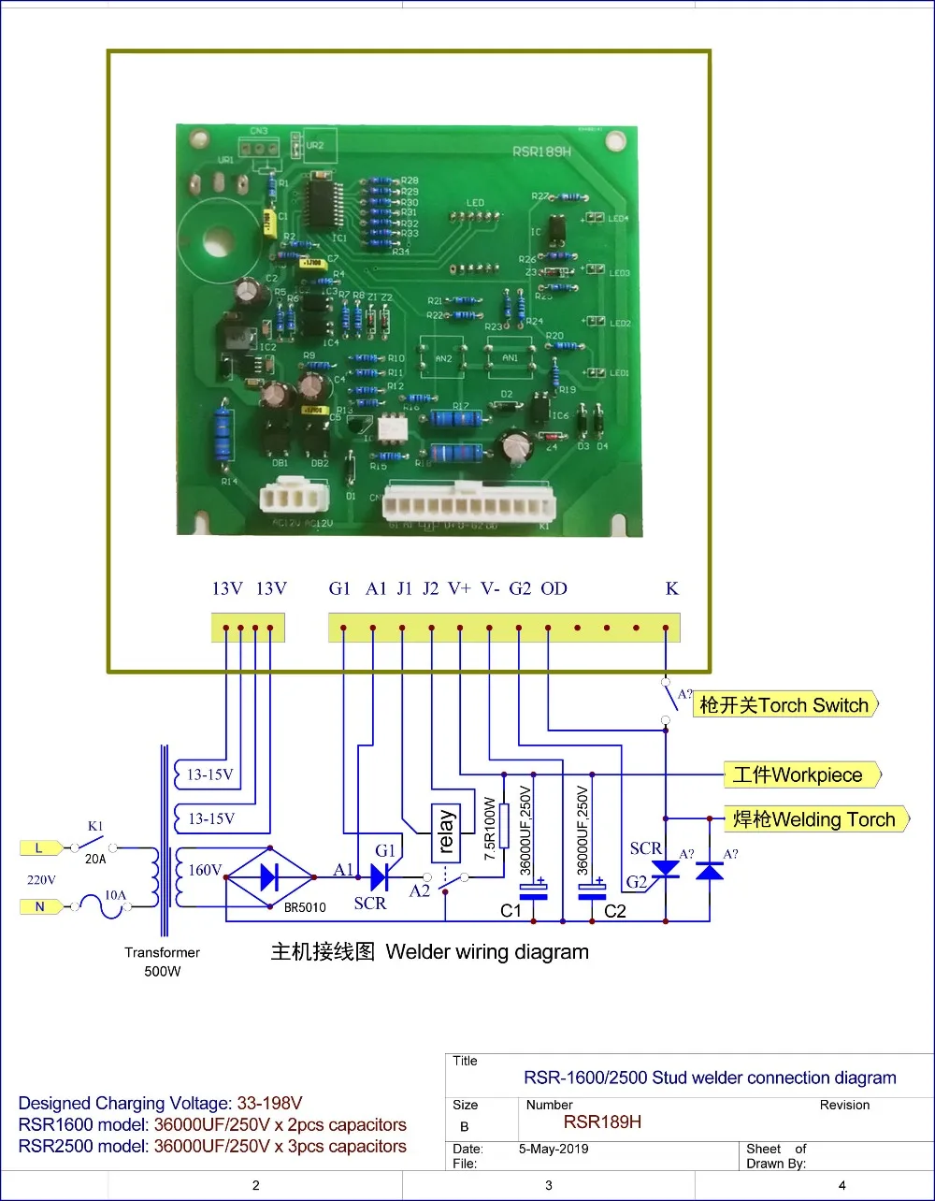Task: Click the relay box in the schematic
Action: pos(445,833)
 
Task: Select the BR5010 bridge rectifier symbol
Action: pos(271,877)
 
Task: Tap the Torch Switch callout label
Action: pos(785,705)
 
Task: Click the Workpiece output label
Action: pos(802,774)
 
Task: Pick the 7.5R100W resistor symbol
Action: pos(503,826)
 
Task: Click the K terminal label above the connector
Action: pos(671,588)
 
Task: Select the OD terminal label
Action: pos(554,588)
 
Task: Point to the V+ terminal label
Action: pos(459,588)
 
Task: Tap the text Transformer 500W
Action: pos(162,962)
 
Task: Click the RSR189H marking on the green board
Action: pos(540,151)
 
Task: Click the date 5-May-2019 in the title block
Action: pos(554,1149)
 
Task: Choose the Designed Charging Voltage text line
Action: pos(160,1103)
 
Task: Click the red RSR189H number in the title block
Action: pos(602,1121)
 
